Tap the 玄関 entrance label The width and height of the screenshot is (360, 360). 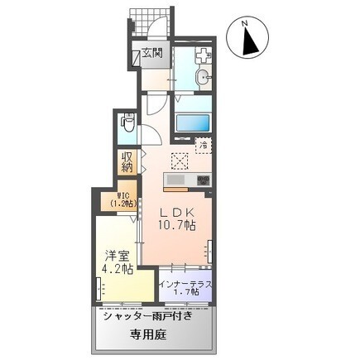(151, 54)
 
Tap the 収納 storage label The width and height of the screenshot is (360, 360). (127, 162)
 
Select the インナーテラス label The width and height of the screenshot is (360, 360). (185, 284)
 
